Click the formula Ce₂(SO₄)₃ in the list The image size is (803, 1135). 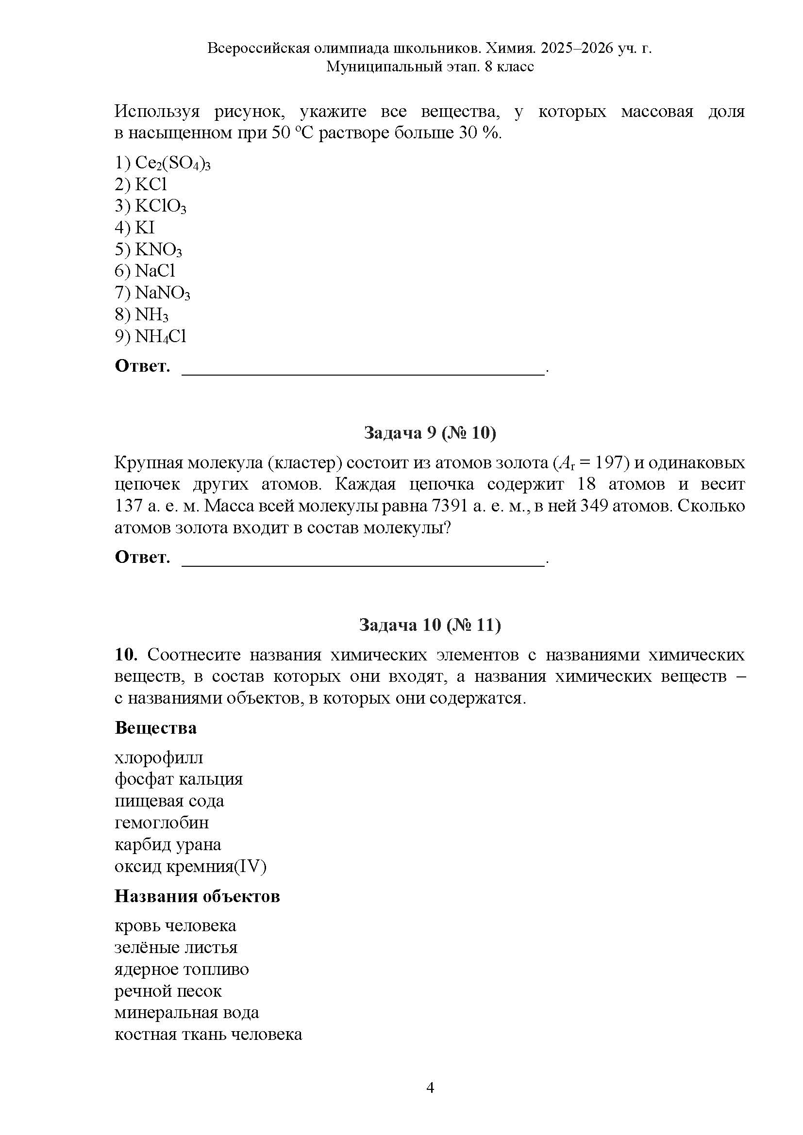(172, 163)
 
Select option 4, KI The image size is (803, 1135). (144, 228)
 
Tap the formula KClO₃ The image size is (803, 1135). (160, 206)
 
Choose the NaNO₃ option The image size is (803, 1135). (162, 293)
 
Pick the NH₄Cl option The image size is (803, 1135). (160, 337)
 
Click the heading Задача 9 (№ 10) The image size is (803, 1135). (430, 432)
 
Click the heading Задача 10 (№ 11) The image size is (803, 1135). (430, 625)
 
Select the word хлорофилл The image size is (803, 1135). (159, 758)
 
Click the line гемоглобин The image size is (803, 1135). (162, 822)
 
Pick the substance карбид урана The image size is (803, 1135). (167, 844)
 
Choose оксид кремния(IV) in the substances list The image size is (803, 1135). (190, 866)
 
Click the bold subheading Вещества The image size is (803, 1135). (155, 728)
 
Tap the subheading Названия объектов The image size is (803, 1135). (197, 896)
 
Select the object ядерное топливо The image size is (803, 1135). (182, 969)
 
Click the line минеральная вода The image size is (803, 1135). (186, 1012)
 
